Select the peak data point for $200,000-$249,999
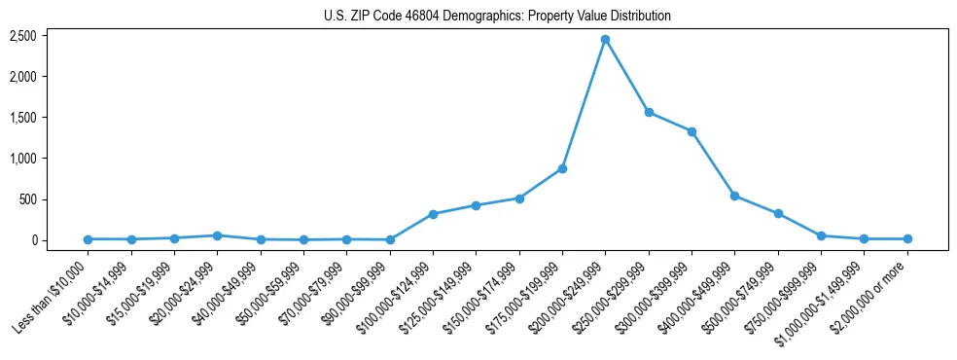[605, 40]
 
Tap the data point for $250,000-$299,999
[649, 112]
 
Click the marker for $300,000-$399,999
[691, 131]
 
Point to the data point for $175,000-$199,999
[562, 169]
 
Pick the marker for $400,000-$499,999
[734, 196]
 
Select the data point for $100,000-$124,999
[433, 214]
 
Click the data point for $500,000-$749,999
[778, 213]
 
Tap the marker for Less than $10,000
[89, 239]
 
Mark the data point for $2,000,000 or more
[907, 238]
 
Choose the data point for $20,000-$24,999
[217, 235]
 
